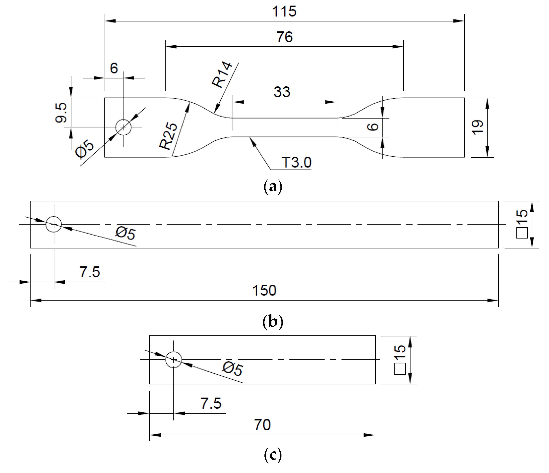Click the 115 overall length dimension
284,12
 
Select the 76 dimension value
284,37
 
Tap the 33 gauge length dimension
282,92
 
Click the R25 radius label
168,136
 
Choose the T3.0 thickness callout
296,162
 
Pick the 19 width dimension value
478,128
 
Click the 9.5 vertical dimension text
61,113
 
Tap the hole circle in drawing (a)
123,127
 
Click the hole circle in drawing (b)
54,224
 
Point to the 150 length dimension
264,290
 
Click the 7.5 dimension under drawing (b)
90,272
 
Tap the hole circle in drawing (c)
173,360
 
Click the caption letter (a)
273,187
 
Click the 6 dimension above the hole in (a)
114,68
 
